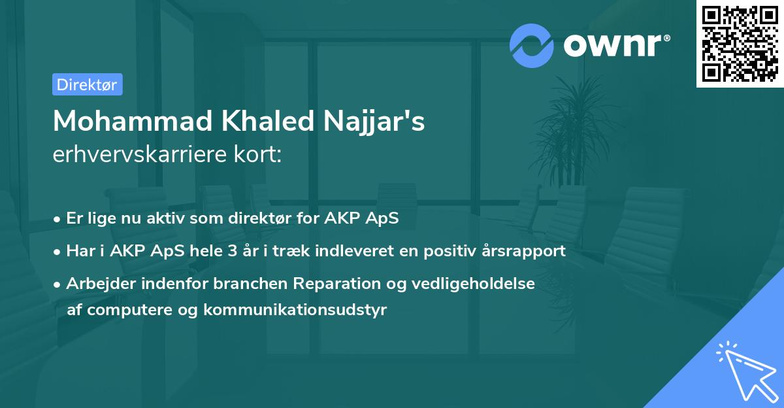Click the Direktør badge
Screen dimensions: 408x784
[x=87, y=85]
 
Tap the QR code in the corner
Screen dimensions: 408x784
[x=740, y=43]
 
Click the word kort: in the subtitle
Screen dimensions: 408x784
[x=259, y=155]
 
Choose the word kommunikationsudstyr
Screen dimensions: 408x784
[x=295, y=309]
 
